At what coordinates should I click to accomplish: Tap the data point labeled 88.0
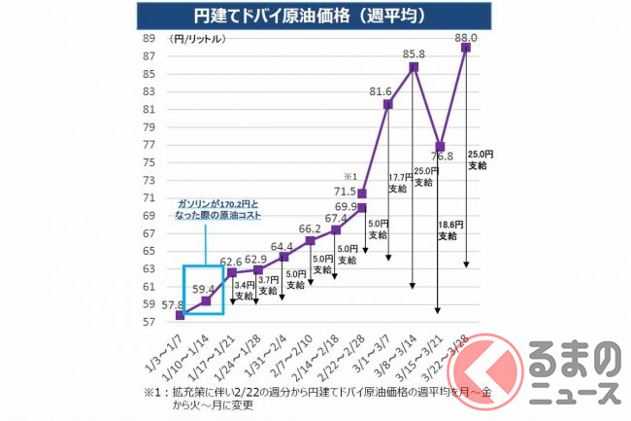point(466,47)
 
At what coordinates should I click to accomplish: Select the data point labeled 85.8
point(414,67)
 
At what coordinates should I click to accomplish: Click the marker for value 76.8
point(440,147)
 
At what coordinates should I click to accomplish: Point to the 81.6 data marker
point(387,104)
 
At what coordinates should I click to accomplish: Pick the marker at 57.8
point(180,315)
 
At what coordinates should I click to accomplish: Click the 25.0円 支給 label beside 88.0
point(479,159)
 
